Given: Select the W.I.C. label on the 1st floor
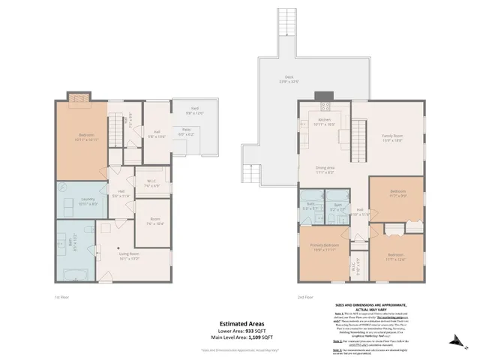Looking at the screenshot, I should [151, 181].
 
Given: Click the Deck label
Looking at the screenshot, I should [289, 78].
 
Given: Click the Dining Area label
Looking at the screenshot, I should [325, 170].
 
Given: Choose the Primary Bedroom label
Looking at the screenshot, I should [321, 247].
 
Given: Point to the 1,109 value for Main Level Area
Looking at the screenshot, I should [258, 339].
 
